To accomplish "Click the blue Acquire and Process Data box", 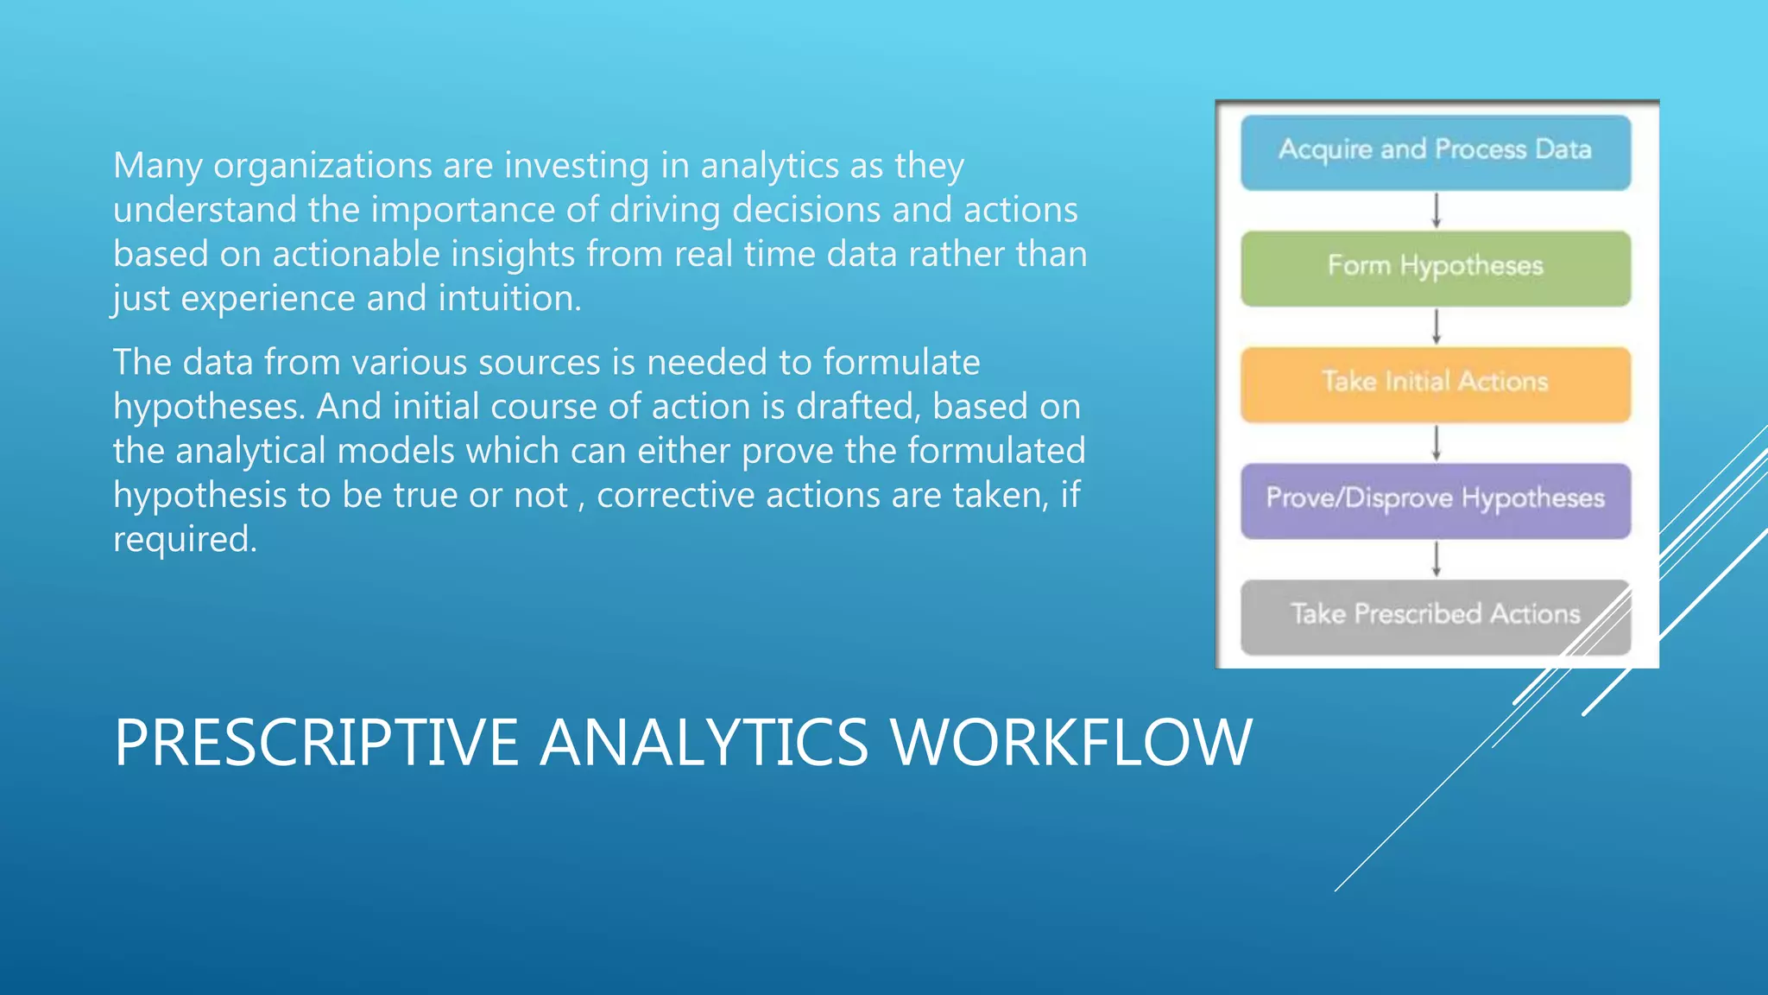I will (1435, 151).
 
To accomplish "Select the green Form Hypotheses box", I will (1435, 267).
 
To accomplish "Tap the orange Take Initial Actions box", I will (1435, 383).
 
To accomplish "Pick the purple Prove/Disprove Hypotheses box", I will (1435, 499).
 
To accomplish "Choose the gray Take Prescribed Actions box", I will (1435, 615).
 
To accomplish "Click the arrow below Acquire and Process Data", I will (1436, 210).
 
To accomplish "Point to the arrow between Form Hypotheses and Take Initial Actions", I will (1436, 326).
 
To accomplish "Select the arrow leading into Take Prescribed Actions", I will (1436, 559).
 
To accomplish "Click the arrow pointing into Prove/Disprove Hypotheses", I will (1436, 443).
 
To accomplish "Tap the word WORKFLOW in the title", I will (1070, 743).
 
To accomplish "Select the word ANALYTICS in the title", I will (704, 743).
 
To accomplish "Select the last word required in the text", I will (184, 541).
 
